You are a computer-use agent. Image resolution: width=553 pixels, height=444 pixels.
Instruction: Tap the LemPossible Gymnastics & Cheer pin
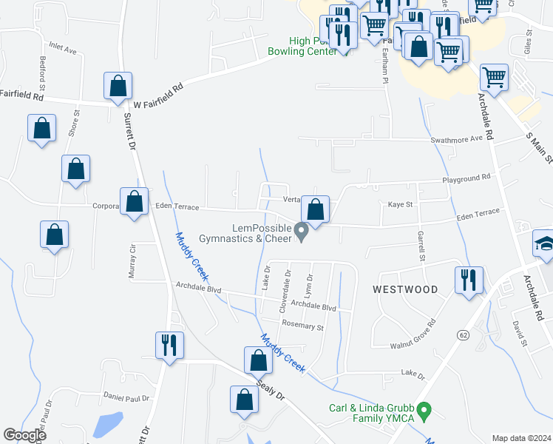click(x=301, y=232)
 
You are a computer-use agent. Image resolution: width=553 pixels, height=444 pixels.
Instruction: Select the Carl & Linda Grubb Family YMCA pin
click(x=424, y=409)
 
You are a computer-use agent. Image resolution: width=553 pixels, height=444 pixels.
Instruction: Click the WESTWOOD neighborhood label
click(x=405, y=289)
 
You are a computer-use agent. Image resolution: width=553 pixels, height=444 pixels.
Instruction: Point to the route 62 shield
click(x=464, y=335)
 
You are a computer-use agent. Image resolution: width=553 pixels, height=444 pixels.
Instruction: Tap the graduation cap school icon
click(x=544, y=245)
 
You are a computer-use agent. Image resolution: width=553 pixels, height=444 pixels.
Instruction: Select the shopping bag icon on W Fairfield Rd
click(x=118, y=87)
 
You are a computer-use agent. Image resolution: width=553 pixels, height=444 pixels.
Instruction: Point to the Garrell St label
click(x=421, y=246)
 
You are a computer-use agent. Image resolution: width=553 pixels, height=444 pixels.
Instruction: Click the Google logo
click(x=25, y=435)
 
